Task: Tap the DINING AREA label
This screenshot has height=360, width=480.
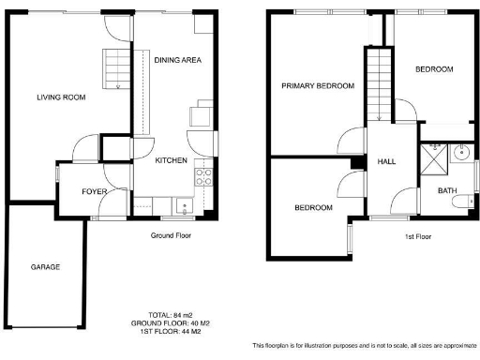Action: (178, 61)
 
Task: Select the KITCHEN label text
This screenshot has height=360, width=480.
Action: (171, 160)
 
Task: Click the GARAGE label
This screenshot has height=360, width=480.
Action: (45, 267)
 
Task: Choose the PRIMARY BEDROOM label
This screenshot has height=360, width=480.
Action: (318, 86)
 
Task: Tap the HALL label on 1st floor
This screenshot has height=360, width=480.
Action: (386, 161)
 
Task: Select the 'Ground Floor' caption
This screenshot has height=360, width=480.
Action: (171, 235)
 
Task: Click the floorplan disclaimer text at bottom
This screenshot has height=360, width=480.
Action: (365, 345)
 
